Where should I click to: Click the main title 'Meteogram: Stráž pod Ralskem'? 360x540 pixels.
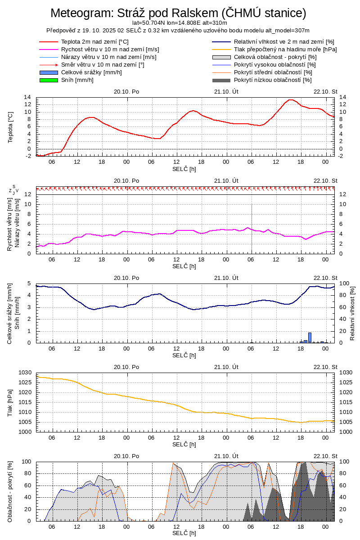point(178,13)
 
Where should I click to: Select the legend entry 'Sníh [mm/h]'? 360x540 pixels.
point(77,80)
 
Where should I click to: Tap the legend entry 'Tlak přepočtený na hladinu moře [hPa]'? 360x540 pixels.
point(285,49)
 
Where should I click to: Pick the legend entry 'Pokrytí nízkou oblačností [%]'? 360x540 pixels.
point(273,80)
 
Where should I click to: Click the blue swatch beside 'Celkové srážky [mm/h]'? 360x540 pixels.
point(49,72)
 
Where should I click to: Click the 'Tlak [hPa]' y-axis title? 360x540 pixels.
point(10,402)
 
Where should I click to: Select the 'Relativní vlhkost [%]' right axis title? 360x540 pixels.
point(352,313)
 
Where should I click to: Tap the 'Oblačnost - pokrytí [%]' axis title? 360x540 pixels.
point(10,491)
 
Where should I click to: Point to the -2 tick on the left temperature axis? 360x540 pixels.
point(28,156)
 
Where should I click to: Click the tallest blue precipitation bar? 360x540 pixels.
point(310,337)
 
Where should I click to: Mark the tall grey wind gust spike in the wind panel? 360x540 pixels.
point(252,225)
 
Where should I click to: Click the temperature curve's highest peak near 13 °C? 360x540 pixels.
point(291,100)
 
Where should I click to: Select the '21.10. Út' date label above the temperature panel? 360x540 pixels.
point(226,91)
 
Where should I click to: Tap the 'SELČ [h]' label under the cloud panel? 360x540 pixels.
point(184,533)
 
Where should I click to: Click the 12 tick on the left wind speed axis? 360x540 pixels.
point(28,194)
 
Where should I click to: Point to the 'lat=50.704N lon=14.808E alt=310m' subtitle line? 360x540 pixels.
point(180,22)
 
